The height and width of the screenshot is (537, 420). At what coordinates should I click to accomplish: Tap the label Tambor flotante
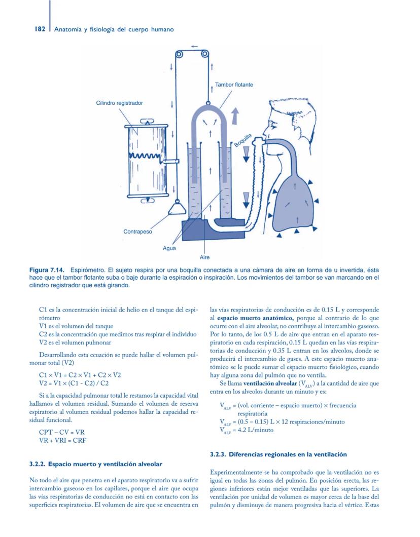(x=234, y=85)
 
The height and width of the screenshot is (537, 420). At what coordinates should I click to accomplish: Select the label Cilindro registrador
(x=119, y=103)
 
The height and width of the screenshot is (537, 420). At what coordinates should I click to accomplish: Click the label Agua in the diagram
(x=169, y=249)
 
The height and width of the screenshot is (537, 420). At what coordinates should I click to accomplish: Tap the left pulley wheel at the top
(x=179, y=55)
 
